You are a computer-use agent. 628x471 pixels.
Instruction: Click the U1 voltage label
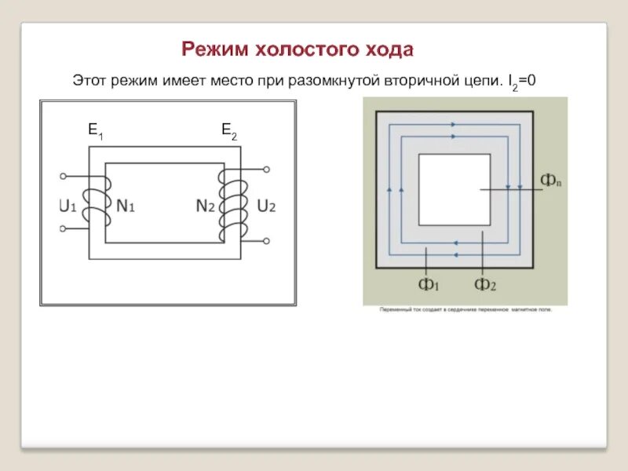coord(68,207)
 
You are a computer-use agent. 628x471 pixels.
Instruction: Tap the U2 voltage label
coord(266,207)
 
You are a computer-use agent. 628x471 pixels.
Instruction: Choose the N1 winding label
coord(126,207)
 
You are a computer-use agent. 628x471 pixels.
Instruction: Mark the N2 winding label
coord(206,207)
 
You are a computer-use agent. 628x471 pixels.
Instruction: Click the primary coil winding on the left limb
coord(97,203)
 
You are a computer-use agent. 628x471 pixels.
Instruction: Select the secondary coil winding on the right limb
coord(232,205)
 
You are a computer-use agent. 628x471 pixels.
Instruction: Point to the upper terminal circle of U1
coord(64,176)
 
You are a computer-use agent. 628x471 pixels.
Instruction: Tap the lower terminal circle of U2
coord(266,239)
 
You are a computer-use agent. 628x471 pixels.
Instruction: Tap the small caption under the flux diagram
coord(466,310)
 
